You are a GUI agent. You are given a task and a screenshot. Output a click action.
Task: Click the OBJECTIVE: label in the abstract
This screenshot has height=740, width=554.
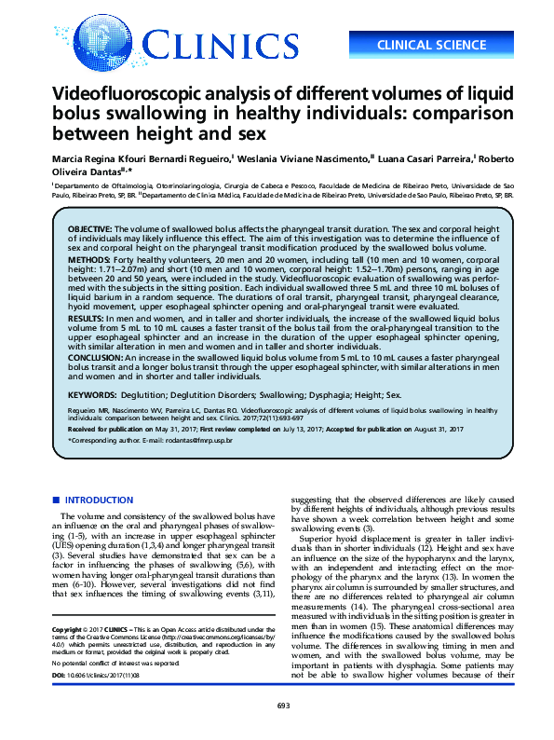(89, 228)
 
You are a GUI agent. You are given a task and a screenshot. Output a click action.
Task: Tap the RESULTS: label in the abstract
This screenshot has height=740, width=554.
(86, 318)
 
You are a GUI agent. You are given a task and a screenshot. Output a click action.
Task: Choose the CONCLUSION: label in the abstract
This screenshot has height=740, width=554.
(94, 356)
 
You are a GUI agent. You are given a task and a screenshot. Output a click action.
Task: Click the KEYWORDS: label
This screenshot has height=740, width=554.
(93, 395)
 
